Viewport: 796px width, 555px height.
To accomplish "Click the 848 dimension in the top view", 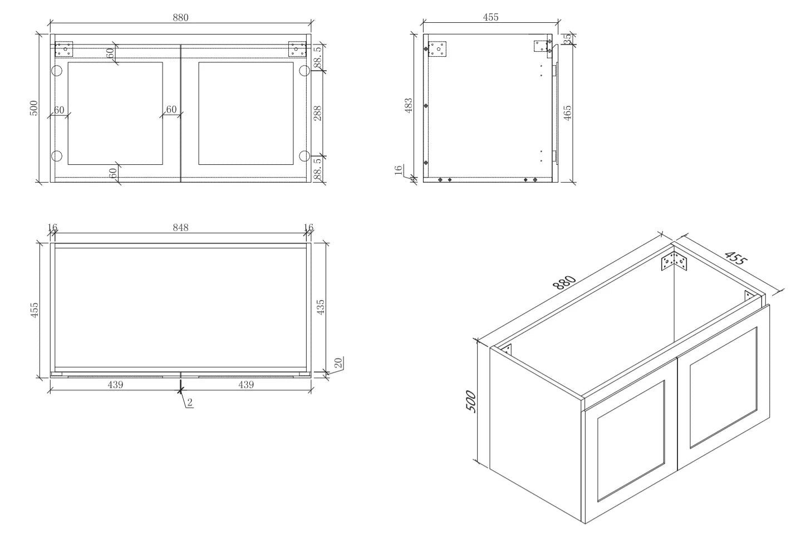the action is point(180,228).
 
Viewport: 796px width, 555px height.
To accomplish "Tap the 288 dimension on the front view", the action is point(318,114).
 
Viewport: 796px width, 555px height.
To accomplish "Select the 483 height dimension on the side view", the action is point(409,106).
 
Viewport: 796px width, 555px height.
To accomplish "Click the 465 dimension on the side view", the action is point(568,112).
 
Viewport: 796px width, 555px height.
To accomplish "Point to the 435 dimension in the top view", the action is point(320,307).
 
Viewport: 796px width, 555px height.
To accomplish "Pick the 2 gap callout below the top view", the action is point(190,402).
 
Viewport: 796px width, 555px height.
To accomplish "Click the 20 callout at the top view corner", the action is point(338,363).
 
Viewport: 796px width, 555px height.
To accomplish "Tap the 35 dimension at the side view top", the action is point(568,38).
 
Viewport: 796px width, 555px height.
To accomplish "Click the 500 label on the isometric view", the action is point(470,401).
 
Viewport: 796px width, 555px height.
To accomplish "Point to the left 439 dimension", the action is point(115,385).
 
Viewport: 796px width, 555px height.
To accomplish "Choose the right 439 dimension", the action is point(246,385).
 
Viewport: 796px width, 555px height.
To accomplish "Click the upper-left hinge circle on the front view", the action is point(57,71).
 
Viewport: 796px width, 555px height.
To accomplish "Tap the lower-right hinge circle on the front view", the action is point(304,156).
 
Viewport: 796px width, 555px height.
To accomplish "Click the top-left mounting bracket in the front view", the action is point(64,48).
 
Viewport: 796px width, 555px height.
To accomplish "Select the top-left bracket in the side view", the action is point(437,49).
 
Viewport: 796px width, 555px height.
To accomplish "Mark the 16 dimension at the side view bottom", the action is point(399,170).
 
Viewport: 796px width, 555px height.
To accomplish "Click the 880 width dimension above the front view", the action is point(180,17).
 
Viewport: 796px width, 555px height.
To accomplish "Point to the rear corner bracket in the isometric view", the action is point(674,262).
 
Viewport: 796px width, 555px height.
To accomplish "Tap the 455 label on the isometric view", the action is point(735,258).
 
